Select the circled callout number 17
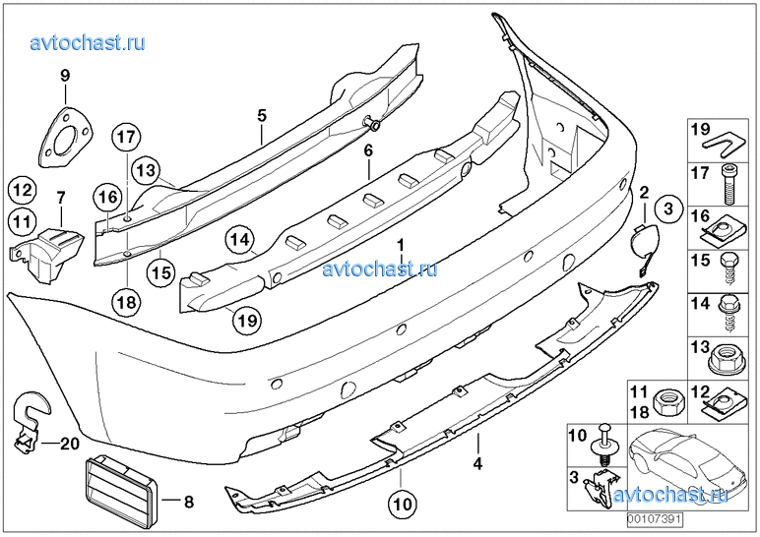[127, 137]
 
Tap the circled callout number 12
[22, 190]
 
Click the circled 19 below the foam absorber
[247, 320]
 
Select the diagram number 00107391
[655, 519]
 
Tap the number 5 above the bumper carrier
[262, 115]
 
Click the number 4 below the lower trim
[477, 463]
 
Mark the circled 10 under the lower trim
[403, 504]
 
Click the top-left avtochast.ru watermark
[88, 42]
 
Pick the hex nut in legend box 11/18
[668, 403]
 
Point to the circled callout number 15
[161, 272]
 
